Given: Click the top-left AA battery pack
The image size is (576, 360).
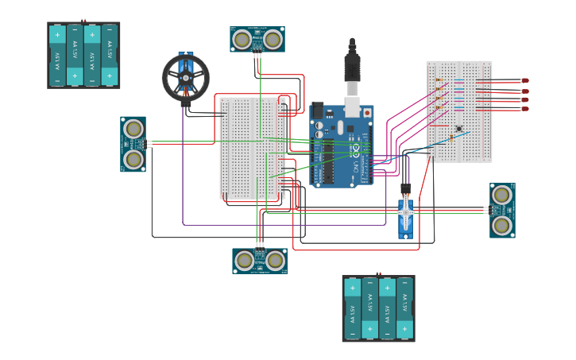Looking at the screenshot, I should pos(83,55).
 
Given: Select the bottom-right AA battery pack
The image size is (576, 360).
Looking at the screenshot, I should pos(378,308).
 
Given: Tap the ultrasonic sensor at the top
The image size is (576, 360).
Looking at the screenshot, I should pos(258,39).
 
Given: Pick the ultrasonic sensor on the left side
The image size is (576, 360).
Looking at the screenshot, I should pos(133,144).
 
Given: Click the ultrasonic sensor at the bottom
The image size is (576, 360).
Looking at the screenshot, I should pos(260,261).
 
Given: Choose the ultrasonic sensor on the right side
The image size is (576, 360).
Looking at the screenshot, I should pos(501,210).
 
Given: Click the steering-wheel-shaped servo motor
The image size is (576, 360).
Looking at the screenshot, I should pos(186,77).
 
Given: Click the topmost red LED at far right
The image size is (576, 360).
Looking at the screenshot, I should pos(524,80).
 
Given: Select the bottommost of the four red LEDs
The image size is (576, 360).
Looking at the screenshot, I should pos(524,109).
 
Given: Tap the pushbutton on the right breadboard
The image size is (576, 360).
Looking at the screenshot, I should pos(458,129).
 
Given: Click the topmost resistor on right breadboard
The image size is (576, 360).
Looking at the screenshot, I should pos(439,80).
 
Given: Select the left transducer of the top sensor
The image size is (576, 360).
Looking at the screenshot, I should pos(243,38).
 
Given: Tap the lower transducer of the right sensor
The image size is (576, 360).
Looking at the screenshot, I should pos(501,225).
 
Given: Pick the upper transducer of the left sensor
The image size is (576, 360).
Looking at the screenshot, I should pos(133,129).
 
